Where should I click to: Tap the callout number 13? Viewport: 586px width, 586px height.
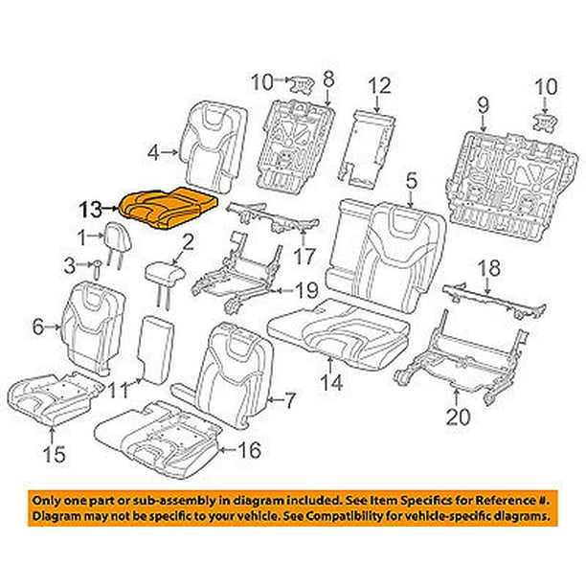pyautogui.click(x=89, y=206)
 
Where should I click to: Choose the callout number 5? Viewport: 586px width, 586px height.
pyautogui.click(x=412, y=180)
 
